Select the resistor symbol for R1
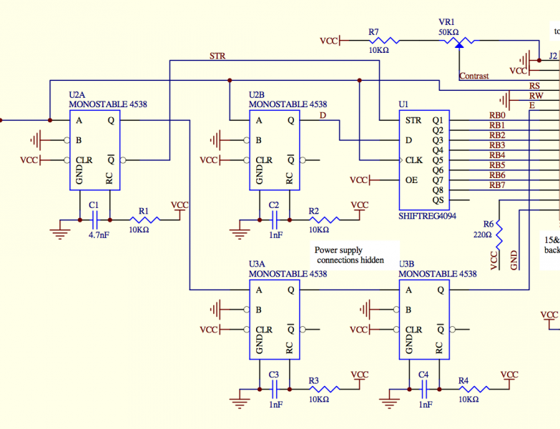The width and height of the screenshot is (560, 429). (x=144, y=220)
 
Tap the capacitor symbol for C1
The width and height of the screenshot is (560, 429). (x=94, y=220)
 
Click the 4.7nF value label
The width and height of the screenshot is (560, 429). (x=99, y=234)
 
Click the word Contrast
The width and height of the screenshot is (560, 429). (x=474, y=76)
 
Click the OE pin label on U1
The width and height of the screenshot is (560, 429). (x=412, y=179)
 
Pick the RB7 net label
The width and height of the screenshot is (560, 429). (x=497, y=185)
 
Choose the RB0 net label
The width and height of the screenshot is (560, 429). (x=497, y=115)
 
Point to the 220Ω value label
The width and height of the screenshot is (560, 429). (x=483, y=234)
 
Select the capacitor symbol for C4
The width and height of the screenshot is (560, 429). (x=423, y=389)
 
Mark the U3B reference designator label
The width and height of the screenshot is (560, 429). (x=406, y=264)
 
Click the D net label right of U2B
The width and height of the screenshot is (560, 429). (x=323, y=114)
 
